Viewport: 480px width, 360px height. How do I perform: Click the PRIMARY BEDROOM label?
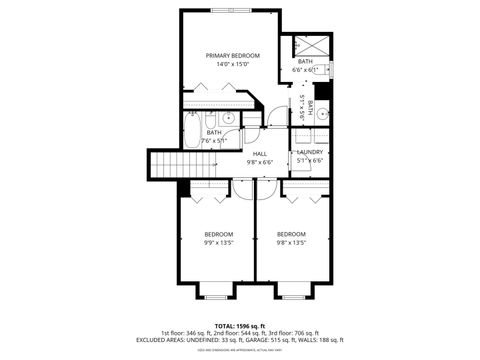(x=232, y=55)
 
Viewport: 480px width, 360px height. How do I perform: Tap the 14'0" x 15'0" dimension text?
(x=232, y=65)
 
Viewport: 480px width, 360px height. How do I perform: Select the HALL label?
(x=259, y=153)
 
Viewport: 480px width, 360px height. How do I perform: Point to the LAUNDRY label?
(x=310, y=152)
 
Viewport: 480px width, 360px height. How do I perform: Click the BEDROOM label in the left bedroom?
(x=219, y=234)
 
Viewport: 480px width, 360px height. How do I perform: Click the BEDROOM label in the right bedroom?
(x=291, y=234)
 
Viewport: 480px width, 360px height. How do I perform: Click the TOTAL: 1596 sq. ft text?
(x=239, y=325)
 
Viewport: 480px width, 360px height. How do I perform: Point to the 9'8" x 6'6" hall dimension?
(x=259, y=162)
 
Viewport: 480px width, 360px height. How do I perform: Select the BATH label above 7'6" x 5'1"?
(x=214, y=133)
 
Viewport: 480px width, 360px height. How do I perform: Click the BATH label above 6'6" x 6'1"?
(x=305, y=62)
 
